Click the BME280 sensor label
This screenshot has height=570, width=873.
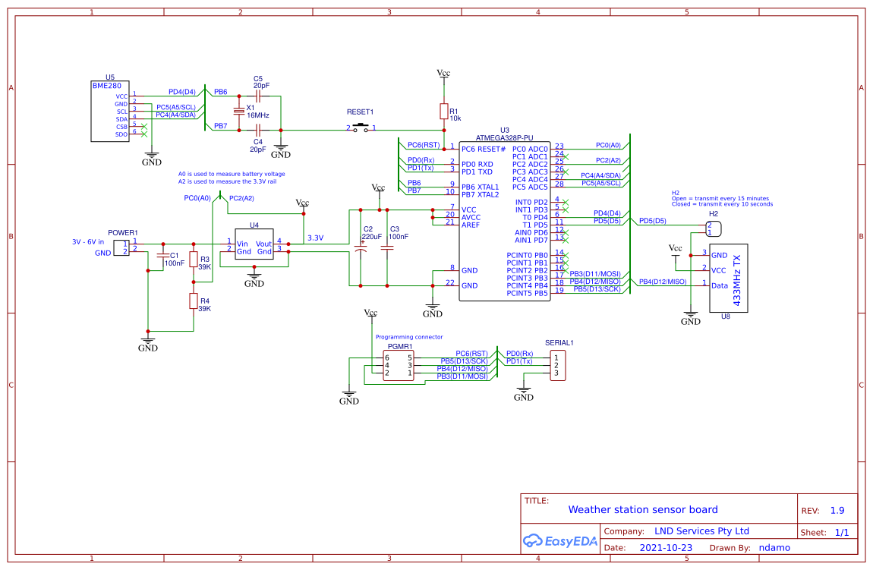point(107,86)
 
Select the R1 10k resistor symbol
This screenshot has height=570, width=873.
point(443,112)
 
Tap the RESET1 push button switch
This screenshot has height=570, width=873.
point(361,128)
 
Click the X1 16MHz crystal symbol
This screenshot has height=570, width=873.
point(239,112)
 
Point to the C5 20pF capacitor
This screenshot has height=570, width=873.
point(258,96)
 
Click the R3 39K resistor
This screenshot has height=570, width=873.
point(194,260)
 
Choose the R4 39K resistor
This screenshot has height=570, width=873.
point(194,301)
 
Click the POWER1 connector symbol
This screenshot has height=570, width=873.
point(121,247)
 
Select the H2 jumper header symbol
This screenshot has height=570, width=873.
point(713,228)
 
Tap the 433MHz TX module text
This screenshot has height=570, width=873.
point(736,277)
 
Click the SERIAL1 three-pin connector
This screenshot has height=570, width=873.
point(559,365)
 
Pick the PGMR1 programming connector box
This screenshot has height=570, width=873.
point(399,365)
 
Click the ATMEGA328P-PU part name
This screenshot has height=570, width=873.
point(505,138)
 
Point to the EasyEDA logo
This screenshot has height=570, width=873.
point(560,541)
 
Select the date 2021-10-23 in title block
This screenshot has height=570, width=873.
point(666,547)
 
